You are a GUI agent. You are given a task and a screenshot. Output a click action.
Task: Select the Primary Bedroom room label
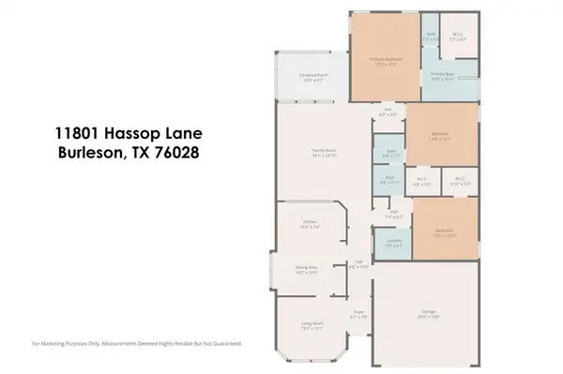380,59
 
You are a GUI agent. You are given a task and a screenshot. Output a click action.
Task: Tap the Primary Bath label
442,73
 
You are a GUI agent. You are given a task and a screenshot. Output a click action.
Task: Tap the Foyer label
358,313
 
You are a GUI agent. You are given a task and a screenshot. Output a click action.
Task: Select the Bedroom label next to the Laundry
445,230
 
